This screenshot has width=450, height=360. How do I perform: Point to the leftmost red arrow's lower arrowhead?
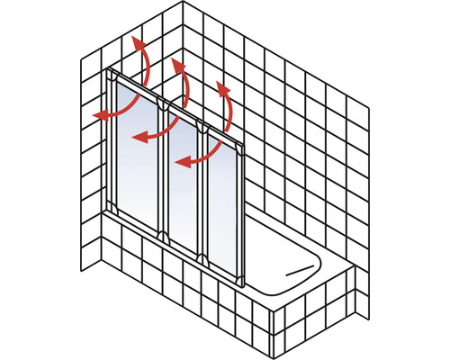click(x=96, y=115)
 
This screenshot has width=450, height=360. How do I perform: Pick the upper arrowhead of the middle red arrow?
click(x=176, y=65)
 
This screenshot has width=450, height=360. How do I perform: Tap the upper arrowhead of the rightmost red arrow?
click(x=219, y=86)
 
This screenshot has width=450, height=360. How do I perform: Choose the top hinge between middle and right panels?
click(x=204, y=128)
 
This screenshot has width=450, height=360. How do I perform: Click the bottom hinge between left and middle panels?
click(x=162, y=236)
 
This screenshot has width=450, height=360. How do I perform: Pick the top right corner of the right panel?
click(x=245, y=140)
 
